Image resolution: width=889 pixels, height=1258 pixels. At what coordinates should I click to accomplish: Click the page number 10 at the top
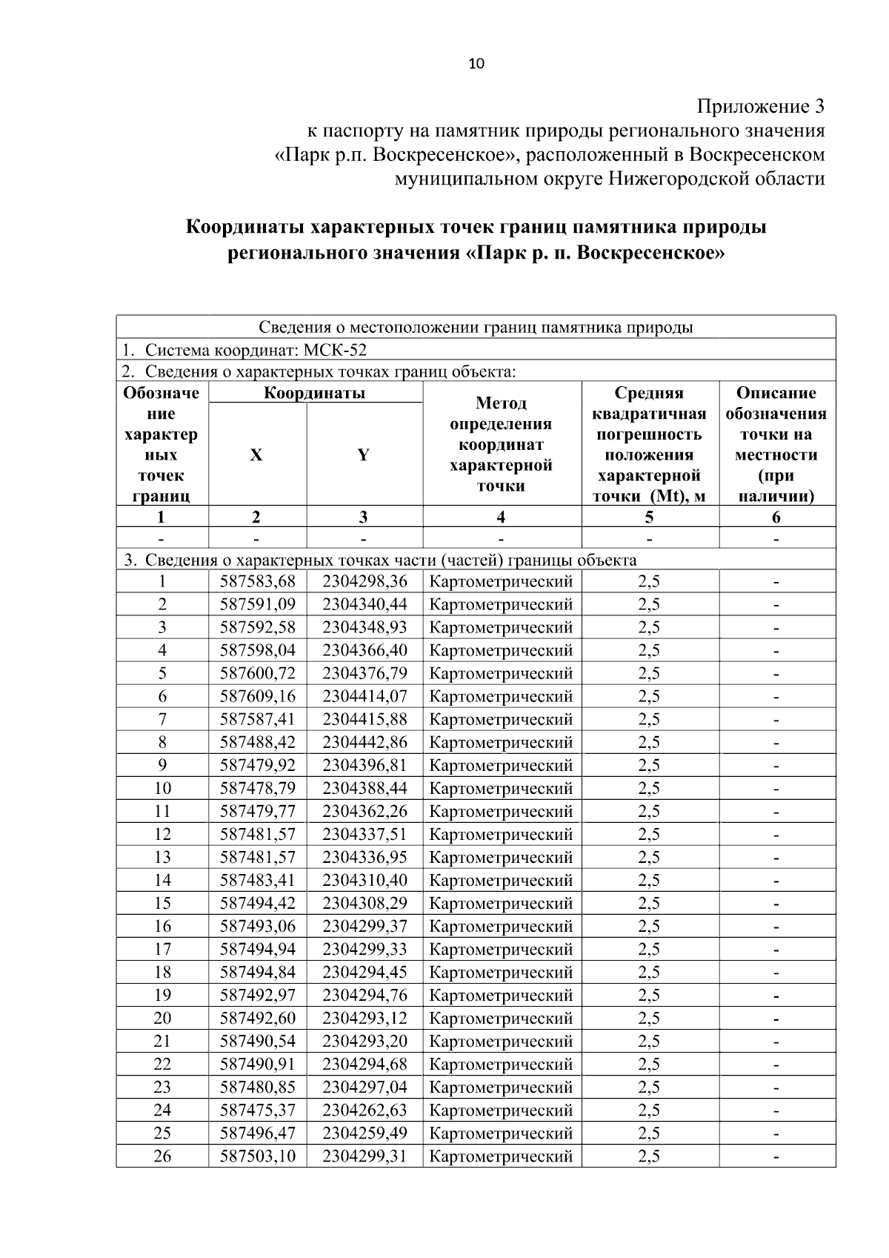click(x=476, y=64)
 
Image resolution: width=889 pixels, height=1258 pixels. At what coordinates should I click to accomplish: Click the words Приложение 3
click(x=761, y=107)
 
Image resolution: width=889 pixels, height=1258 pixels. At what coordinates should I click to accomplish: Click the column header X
click(x=256, y=455)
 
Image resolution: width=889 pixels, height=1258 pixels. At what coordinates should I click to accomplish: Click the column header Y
click(x=363, y=455)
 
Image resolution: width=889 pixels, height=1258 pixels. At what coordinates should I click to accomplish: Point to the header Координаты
click(x=315, y=393)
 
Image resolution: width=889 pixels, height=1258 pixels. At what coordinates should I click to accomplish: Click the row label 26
click(x=162, y=1156)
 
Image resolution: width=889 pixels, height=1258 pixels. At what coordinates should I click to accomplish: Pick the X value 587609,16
click(x=257, y=696)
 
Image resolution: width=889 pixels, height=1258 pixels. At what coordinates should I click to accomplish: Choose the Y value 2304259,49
click(x=364, y=1133)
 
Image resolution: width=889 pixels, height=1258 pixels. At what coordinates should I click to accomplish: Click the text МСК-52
click(x=336, y=350)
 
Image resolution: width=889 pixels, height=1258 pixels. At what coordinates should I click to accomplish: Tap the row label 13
click(x=162, y=857)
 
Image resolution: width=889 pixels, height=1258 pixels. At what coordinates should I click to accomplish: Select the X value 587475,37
click(x=257, y=1110)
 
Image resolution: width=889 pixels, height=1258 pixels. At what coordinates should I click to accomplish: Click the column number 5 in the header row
click(x=649, y=517)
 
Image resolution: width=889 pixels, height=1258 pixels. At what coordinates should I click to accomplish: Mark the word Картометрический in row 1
click(x=501, y=581)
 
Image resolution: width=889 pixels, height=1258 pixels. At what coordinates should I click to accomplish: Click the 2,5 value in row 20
click(x=649, y=1018)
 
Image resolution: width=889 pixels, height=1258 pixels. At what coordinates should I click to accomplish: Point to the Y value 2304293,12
click(x=364, y=1018)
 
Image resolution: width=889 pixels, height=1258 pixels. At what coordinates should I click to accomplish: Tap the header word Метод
click(x=501, y=403)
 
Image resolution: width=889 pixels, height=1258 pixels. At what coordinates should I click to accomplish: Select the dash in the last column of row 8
click(x=776, y=743)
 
